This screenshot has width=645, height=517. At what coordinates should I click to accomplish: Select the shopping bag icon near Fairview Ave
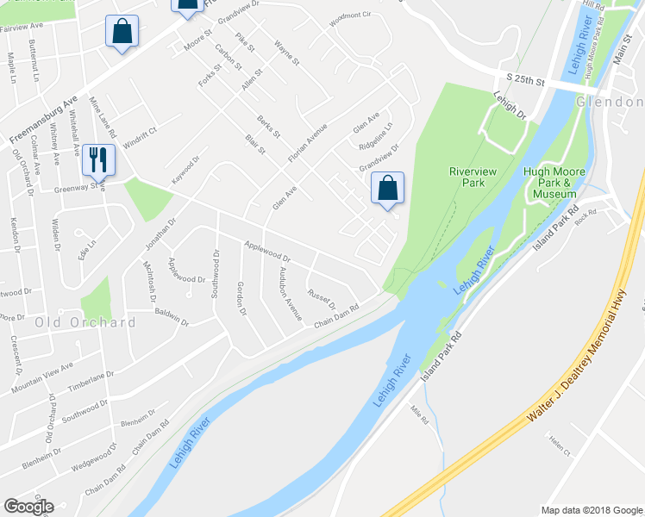pos(122,32)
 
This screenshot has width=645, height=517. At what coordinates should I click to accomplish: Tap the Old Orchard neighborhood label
pos(85,322)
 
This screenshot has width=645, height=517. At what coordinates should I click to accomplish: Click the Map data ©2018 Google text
pos(591,509)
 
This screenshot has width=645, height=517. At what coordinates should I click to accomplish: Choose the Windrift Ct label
pos(140,138)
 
